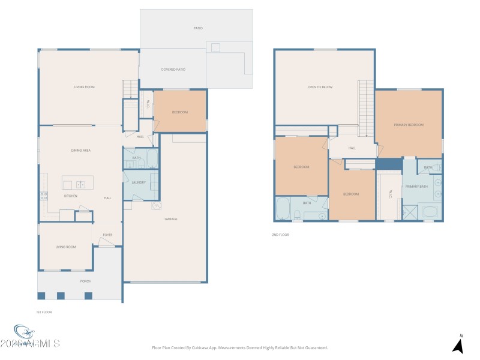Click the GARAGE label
point(171,219)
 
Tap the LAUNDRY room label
point(139,182)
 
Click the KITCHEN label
point(71,196)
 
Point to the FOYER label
point(107,235)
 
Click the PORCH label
point(86,280)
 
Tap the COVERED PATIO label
point(173,70)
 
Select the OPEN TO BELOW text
point(320,87)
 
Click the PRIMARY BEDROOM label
point(409,125)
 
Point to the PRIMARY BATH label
point(416,187)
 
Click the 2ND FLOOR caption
point(280,235)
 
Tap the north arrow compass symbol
point(458,345)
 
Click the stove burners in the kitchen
point(43,195)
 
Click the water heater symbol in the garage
point(156,205)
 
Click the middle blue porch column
point(60,295)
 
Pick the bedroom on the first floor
point(180,112)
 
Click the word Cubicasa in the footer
point(204,347)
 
